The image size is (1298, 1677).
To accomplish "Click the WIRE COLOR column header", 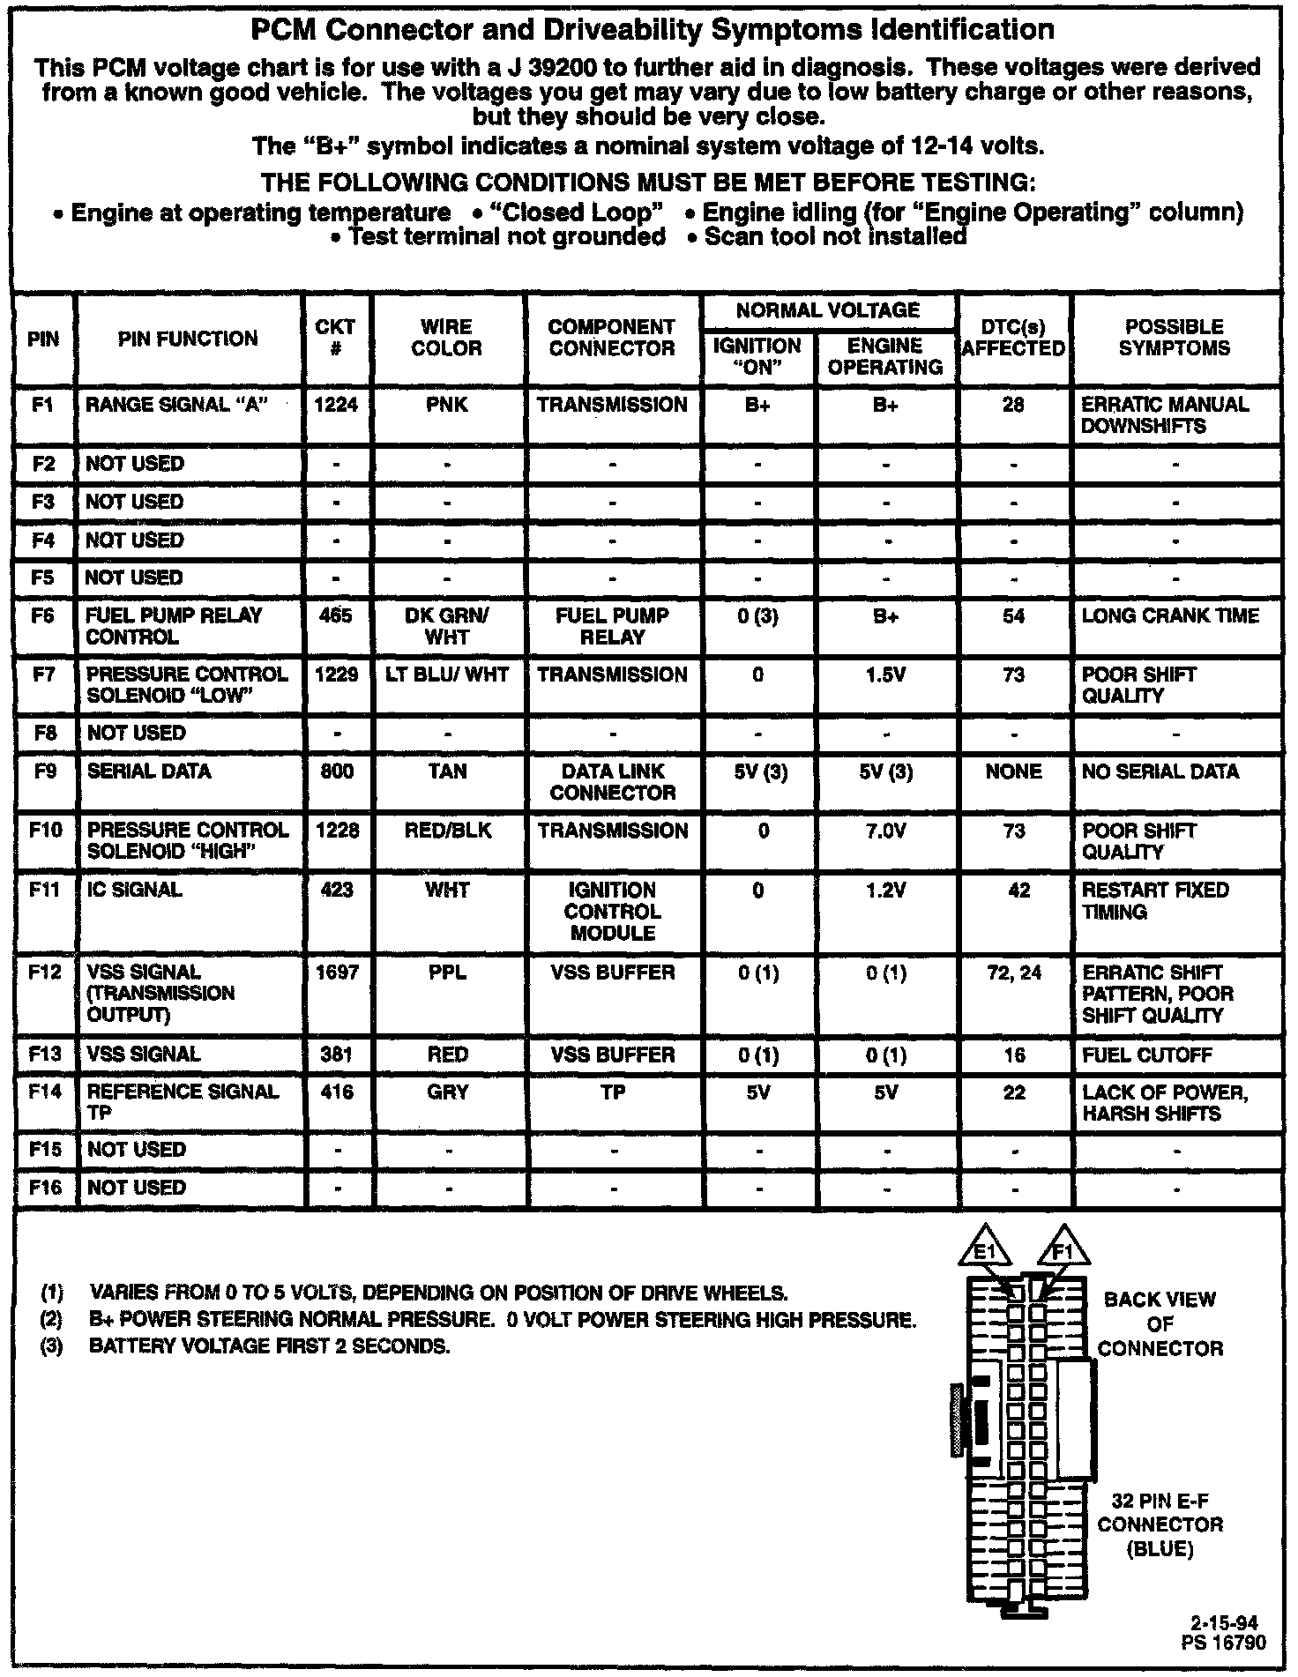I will click(x=447, y=338).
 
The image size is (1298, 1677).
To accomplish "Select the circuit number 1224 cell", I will click(x=337, y=405).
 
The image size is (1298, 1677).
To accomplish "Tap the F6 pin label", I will click(x=43, y=615).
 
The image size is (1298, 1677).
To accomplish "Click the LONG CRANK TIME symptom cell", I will click(x=1170, y=615).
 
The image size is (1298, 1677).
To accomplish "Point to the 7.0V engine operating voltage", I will click(x=886, y=831).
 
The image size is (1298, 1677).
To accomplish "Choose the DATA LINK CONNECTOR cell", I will click(x=612, y=782).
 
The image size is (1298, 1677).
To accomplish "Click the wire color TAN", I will click(x=447, y=771).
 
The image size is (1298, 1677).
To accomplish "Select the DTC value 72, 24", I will click(x=1014, y=973).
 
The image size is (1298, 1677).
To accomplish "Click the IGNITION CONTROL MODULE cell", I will click(x=612, y=912).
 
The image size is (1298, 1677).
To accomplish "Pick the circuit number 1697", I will click(x=337, y=973).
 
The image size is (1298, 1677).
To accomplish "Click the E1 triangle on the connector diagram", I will click(x=987, y=1249).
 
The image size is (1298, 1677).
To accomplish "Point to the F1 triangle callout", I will click(x=1063, y=1249).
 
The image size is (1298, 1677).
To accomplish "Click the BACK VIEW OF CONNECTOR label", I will click(x=1160, y=1323).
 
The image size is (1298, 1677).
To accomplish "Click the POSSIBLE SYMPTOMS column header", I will click(x=1174, y=338).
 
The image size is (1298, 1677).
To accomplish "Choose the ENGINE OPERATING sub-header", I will click(x=885, y=356).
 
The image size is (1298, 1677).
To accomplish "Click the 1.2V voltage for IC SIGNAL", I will click(x=886, y=891).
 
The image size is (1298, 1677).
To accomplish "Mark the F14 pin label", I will click(x=45, y=1092).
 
